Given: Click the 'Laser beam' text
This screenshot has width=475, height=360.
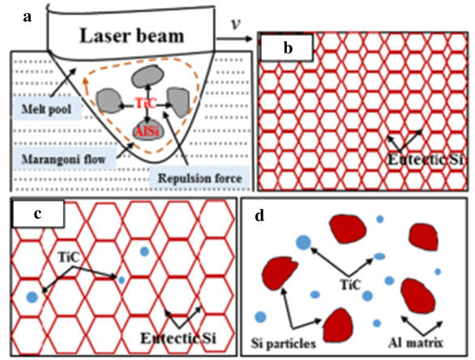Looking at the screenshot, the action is pyautogui.click(x=132, y=36).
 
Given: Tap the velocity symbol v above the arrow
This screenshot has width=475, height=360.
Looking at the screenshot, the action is pyautogui.click(x=236, y=24).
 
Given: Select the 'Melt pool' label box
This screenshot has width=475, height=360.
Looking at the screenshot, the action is pyautogui.click(x=47, y=109).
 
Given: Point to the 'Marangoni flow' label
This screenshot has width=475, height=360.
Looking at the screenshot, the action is pyautogui.click(x=63, y=159).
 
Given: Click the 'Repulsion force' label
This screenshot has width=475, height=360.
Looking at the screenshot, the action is pyautogui.click(x=199, y=178).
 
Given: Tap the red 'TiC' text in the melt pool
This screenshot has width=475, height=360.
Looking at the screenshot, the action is pyautogui.click(x=145, y=104).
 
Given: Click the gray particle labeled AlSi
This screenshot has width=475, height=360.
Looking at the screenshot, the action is pyautogui.click(x=148, y=131).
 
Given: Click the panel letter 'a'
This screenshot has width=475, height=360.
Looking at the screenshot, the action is pyautogui.click(x=28, y=17).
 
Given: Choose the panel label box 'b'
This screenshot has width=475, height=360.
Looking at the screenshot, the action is pyautogui.click(x=286, y=47).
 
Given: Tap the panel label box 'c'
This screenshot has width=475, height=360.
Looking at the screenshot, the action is pyautogui.click(x=38, y=213).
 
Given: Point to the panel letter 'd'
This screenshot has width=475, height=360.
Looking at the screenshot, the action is pyautogui.click(x=259, y=216).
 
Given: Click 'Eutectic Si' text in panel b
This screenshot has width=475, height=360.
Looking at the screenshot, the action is pyautogui.click(x=426, y=160).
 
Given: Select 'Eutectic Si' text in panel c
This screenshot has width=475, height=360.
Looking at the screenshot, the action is pyautogui.click(x=178, y=338).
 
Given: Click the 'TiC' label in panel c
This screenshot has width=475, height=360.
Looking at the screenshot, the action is pyautogui.click(x=69, y=258).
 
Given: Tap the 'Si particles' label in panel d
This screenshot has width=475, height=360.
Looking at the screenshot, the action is pyautogui.click(x=284, y=343).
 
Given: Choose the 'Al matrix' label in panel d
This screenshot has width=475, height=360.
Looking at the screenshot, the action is pyautogui.click(x=416, y=343).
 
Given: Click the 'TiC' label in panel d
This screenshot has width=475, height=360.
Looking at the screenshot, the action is pyautogui.click(x=350, y=285).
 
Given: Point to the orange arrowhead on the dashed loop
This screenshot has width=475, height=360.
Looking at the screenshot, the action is pyautogui.click(x=86, y=81).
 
